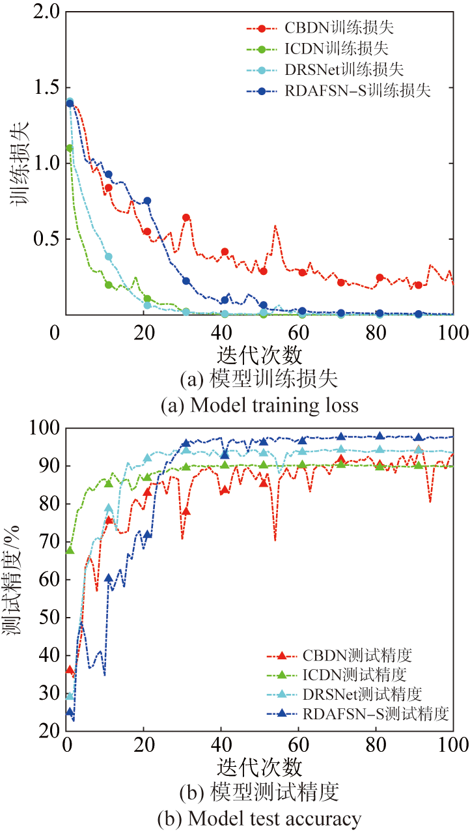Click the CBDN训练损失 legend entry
pyautogui.click(x=339, y=28)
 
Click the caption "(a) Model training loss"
pyautogui.click(x=259, y=405)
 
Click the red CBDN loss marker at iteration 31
pyautogui.click(x=186, y=218)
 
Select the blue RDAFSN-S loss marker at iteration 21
pyautogui.click(x=147, y=201)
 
